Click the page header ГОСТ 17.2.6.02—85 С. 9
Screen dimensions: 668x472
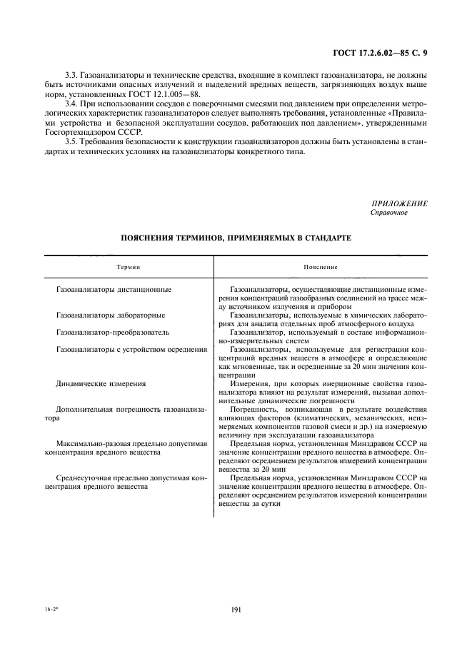[380, 51]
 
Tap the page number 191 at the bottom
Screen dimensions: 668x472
[236, 608]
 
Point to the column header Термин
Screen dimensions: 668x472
[129, 266]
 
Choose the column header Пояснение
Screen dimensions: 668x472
[320, 266]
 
